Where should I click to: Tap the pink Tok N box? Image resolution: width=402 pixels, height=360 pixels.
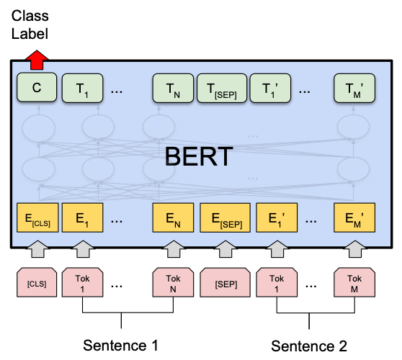[173, 284]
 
